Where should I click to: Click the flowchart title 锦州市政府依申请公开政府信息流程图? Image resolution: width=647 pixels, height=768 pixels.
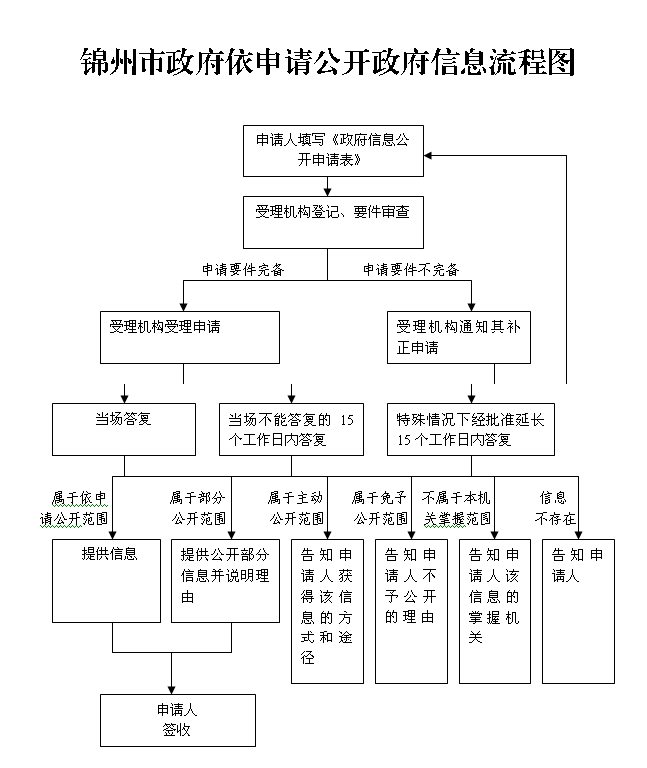(327, 62)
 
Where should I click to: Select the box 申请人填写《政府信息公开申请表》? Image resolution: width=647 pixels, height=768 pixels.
(333, 150)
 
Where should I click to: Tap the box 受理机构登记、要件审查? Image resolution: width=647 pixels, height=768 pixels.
(333, 222)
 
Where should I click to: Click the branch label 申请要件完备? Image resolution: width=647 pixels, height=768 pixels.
(243, 269)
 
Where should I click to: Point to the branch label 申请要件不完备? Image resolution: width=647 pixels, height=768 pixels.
(411, 269)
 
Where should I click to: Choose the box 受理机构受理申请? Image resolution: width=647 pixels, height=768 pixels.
(189, 337)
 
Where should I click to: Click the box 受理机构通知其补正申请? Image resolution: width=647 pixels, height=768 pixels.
(459, 337)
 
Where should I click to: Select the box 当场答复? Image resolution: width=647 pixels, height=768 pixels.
(124, 429)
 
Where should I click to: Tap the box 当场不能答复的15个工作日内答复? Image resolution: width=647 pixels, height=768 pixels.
(292, 429)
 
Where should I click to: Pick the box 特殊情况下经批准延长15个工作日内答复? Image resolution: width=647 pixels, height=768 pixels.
(471, 429)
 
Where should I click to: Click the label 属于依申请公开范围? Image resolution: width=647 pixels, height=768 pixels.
(74, 508)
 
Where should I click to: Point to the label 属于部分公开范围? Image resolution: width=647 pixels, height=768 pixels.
(198, 508)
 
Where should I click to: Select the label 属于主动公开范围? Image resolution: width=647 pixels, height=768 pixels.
(296, 508)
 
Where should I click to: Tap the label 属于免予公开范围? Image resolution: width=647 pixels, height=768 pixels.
(380, 508)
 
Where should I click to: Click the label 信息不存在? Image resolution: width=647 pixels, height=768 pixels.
(555, 508)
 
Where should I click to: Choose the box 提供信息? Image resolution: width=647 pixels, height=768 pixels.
(107, 581)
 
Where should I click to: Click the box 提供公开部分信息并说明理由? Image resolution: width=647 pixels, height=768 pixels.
(225, 581)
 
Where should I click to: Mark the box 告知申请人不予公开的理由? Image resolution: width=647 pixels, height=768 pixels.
(412, 612)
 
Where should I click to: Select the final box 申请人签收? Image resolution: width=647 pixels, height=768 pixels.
(177, 720)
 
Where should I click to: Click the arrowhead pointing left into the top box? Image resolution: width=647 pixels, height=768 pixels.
(428, 156)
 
